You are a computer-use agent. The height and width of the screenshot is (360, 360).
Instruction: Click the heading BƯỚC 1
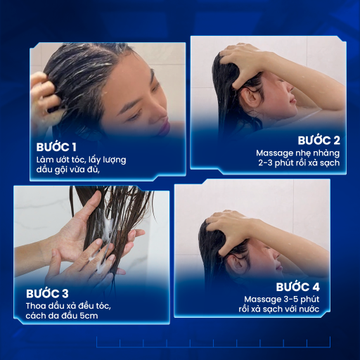pyautogui.click(x=56, y=147)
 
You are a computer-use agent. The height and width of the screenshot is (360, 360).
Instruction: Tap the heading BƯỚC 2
pyautogui.click(x=319, y=141)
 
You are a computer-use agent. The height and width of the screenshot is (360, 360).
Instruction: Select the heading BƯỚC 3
pyautogui.click(x=47, y=294)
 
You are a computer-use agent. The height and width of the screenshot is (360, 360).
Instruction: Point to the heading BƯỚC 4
pyautogui.click(x=297, y=287)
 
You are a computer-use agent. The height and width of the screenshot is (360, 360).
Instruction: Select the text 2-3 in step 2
pyautogui.click(x=265, y=162)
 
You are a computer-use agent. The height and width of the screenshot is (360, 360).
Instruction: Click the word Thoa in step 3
pyautogui.click(x=36, y=306)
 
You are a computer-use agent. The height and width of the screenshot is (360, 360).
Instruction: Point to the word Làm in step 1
pyautogui.click(x=45, y=160)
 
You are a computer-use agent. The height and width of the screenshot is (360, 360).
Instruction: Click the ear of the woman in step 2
pyautogui.click(x=250, y=97)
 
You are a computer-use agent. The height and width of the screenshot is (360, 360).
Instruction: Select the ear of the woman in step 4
pyautogui.click(x=236, y=264)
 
